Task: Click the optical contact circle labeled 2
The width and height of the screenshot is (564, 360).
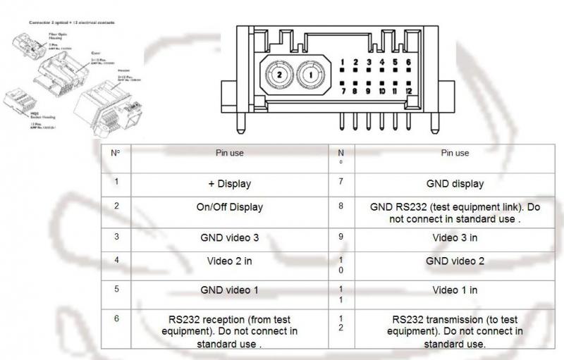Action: (x=279, y=73)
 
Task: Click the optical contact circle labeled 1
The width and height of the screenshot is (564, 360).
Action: (x=309, y=73)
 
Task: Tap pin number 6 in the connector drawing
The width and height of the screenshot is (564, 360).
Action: (x=408, y=63)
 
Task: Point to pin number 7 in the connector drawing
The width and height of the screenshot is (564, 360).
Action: (x=343, y=91)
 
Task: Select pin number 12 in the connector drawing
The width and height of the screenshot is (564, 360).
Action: (x=408, y=91)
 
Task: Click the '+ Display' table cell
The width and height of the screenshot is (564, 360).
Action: (x=229, y=184)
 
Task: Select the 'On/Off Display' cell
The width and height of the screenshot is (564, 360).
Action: (x=229, y=207)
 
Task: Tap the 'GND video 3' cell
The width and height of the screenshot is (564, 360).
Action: (x=229, y=237)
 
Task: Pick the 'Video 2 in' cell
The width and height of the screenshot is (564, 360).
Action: (x=229, y=261)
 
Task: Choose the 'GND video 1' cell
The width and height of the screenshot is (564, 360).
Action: (x=229, y=290)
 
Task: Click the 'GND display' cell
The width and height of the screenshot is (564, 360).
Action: (x=455, y=184)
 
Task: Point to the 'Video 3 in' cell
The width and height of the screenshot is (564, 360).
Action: (x=455, y=237)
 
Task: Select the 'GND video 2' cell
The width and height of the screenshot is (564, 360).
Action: (x=455, y=261)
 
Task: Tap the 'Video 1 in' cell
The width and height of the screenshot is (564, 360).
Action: (x=455, y=290)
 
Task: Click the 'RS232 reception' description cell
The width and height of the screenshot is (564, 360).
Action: (x=229, y=330)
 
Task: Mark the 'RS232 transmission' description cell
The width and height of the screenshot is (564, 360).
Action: (x=455, y=330)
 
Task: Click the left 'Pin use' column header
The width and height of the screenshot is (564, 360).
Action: (x=229, y=153)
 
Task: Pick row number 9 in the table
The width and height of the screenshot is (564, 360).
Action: (x=341, y=237)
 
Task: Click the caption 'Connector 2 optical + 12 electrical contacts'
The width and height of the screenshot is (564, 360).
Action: (x=73, y=23)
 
